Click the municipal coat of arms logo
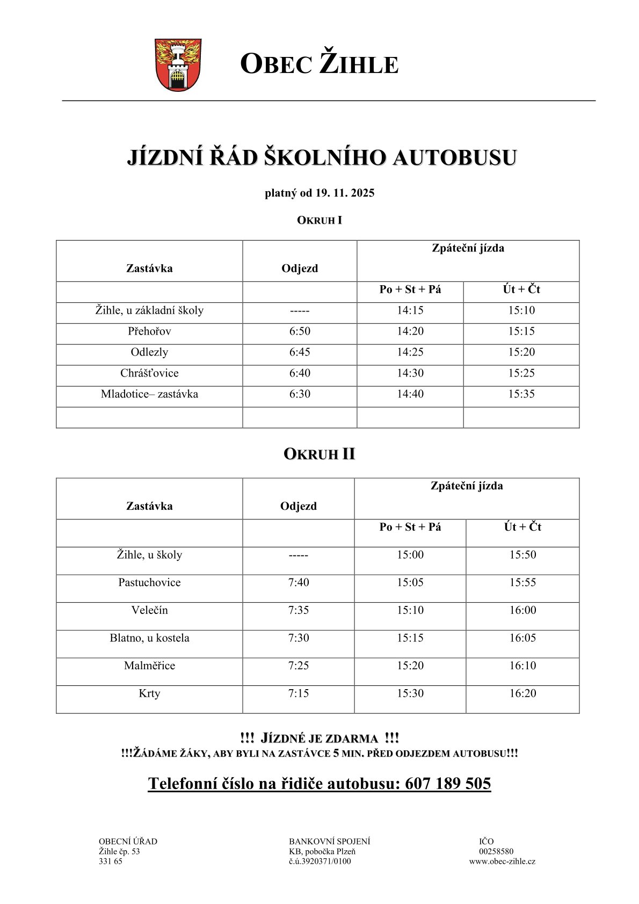pos(178,64)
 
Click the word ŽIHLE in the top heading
pos(359,64)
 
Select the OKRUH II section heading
pos(319,454)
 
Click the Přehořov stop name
pos(149,331)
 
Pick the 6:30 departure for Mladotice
pos(300,394)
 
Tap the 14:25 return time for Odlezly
pos(410,352)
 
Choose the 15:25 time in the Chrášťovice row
pos(521,373)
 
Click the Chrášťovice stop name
pos(149,373)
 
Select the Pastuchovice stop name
pos(149,583)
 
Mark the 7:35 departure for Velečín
pos(299,611)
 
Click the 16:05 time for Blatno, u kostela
pos(522,638)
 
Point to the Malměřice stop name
pos(149,666)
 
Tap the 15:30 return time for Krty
pos(410,693)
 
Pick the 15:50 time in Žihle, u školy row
pos(522,555)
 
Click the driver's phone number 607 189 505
pos(448,784)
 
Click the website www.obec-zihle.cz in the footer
pos(502,862)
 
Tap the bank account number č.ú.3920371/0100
pos(319,862)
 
